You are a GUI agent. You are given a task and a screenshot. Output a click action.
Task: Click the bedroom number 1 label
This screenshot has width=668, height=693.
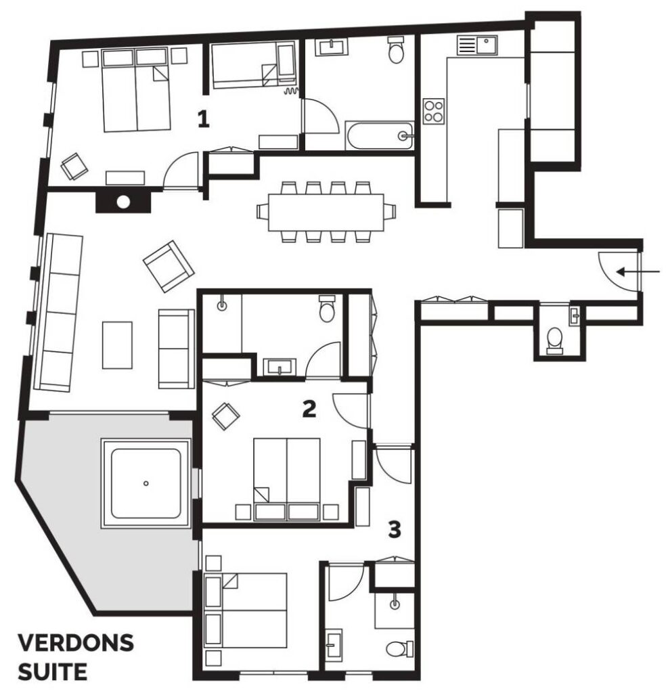(x=203, y=119)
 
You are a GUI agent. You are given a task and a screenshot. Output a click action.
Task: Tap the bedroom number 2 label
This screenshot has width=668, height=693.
(x=309, y=409)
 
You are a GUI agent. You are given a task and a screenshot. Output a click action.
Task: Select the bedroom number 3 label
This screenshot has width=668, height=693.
(x=395, y=529)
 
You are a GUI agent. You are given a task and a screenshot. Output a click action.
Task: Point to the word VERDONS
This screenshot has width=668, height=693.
(x=76, y=643)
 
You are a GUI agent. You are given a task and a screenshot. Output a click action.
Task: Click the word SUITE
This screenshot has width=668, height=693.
(x=53, y=672)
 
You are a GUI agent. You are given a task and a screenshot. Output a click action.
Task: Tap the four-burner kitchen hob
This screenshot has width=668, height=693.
(x=433, y=111)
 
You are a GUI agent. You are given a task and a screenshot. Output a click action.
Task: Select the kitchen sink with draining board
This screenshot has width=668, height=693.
(x=477, y=45)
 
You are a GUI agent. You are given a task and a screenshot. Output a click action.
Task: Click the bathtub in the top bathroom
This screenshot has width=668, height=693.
(x=380, y=135)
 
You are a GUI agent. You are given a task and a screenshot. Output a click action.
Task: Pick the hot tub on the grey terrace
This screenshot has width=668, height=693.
(x=146, y=483)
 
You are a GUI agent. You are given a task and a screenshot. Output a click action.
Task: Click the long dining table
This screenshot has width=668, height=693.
(x=326, y=212)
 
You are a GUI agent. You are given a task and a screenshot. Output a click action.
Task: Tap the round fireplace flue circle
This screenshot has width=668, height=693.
(x=123, y=202)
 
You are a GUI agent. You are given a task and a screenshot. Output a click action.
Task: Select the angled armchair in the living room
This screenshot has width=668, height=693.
(x=169, y=266)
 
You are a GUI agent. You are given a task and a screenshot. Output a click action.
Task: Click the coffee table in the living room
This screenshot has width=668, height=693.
(x=117, y=345)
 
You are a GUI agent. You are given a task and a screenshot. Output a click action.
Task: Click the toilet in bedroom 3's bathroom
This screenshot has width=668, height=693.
(x=400, y=649)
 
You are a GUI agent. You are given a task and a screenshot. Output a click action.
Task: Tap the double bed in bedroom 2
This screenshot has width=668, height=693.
(x=286, y=479)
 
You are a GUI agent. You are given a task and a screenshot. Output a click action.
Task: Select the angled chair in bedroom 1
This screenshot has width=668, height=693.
(x=74, y=166)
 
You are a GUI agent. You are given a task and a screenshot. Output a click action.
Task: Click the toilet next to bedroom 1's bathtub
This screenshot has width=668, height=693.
(x=396, y=49)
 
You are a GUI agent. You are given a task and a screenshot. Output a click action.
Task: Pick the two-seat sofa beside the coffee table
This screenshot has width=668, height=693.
(x=176, y=349)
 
